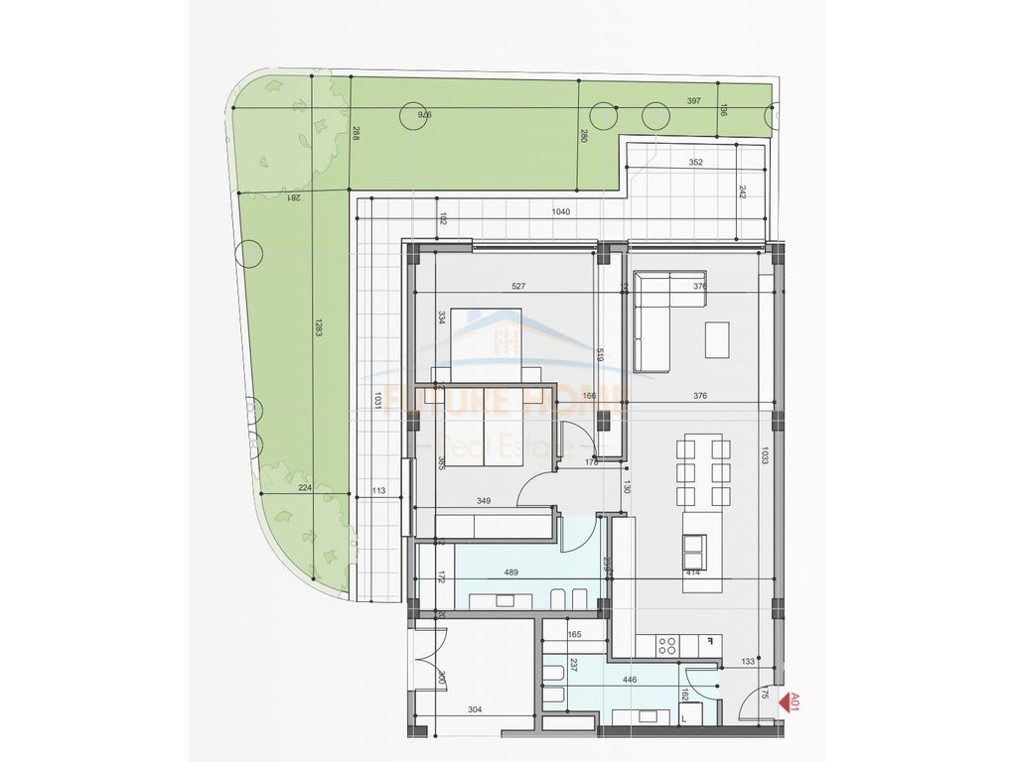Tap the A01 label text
pyautogui.click(x=795, y=703)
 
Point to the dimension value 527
pyautogui.click(x=517, y=287)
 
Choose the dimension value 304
pyautogui.click(x=475, y=710)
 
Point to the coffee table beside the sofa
pyautogui.click(x=716, y=340)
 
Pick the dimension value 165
pyautogui.click(x=574, y=633)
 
